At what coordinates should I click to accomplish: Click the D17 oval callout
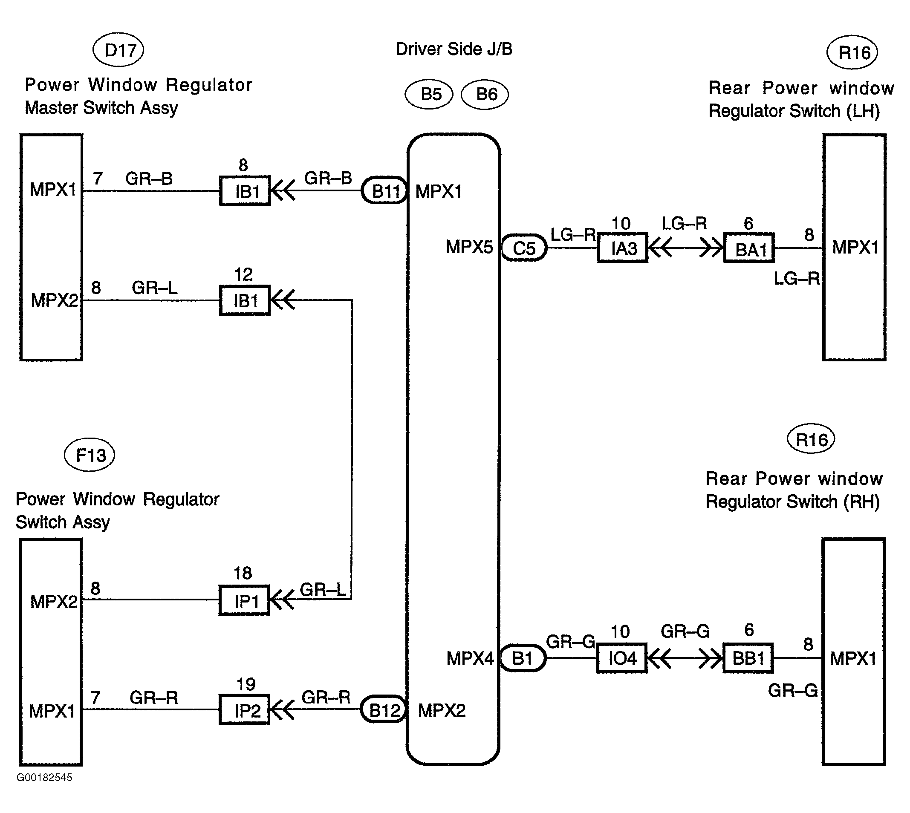pyautogui.click(x=118, y=49)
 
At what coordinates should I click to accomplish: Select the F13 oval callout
pyautogui.click(x=90, y=455)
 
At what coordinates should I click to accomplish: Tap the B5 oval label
pyautogui.click(x=429, y=94)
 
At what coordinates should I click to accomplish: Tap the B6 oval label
pyautogui.click(x=485, y=94)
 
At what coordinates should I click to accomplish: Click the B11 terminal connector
pyautogui.click(x=384, y=191)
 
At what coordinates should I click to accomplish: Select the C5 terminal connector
pyautogui.click(x=524, y=248)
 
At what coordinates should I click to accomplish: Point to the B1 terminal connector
pyautogui.click(x=522, y=658)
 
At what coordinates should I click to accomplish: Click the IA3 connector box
pyautogui.click(x=623, y=248)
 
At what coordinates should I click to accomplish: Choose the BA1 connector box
pyautogui.click(x=749, y=248)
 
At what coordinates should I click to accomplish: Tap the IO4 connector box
pyautogui.click(x=622, y=658)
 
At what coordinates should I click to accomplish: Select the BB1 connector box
pyautogui.click(x=748, y=658)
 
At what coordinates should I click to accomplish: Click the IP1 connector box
pyautogui.click(x=244, y=600)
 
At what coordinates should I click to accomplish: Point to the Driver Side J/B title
pyautogui.click(x=454, y=49)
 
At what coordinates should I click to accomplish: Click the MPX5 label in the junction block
pyautogui.click(x=469, y=247)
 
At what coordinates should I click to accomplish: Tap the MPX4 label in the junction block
pyautogui.click(x=470, y=658)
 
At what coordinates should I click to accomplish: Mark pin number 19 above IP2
pyautogui.click(x=246, y=684)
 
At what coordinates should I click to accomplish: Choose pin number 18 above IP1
pyautogui.click(x=243, y=573)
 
